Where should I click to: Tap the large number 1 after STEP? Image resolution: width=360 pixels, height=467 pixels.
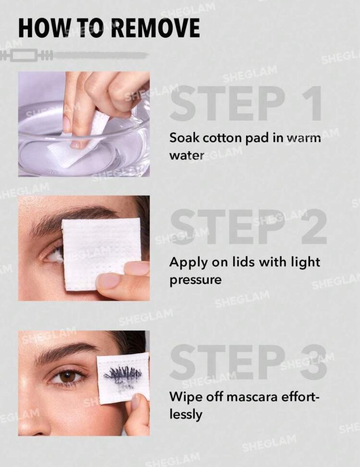[311, 103]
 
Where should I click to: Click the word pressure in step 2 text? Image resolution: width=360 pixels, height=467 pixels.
[195, 280]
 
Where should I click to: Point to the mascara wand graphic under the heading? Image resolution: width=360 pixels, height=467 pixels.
[74, 55]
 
